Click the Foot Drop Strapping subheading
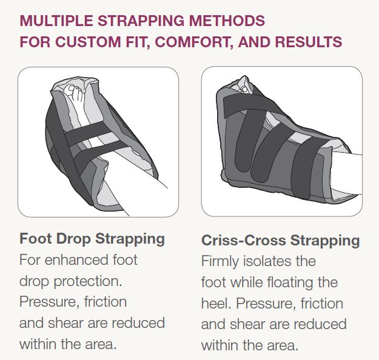(92, 238)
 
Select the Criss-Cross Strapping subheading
(280, 240)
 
